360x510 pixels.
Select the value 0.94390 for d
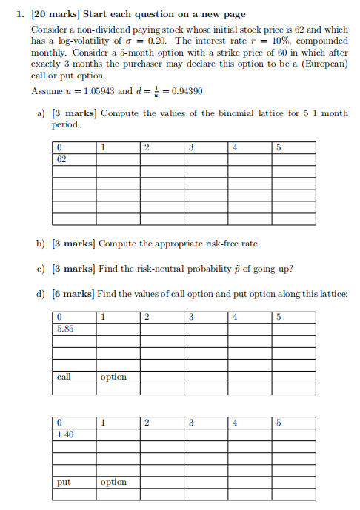188,91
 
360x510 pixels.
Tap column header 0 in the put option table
59,423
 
